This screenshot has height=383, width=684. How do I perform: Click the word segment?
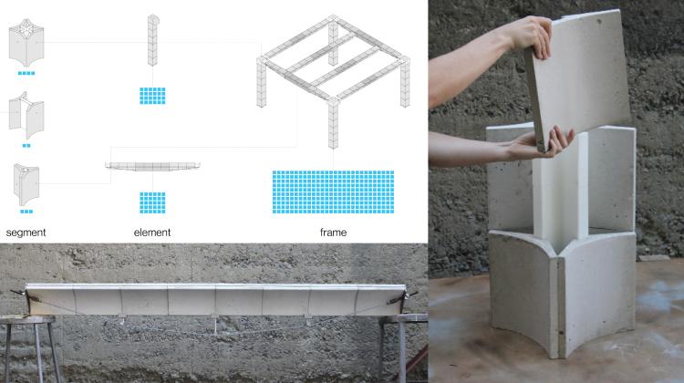(26, 233)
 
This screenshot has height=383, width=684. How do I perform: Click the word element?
(152, 233)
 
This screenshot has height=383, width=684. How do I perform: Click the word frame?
(333, 233)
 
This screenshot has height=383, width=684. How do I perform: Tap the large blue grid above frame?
(333, 191)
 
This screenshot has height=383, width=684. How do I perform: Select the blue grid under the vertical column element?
(152, 96)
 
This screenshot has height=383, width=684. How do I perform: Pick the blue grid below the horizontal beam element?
(152, 202)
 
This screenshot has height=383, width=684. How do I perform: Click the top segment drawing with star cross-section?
(26, 42)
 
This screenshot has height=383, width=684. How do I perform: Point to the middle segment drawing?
(26, 115)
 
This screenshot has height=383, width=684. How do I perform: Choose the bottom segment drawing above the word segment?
(26, 184)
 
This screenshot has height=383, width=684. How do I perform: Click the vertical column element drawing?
(152, 40)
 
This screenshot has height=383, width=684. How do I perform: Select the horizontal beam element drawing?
(152, 166)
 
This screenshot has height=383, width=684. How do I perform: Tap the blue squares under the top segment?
(26, 73)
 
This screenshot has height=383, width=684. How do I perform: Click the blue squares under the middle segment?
(26, 146)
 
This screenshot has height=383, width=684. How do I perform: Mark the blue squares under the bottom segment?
(26, 212)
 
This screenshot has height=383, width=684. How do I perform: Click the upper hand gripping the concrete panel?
(529, 36)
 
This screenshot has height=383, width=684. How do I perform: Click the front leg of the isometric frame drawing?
(333, 123)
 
